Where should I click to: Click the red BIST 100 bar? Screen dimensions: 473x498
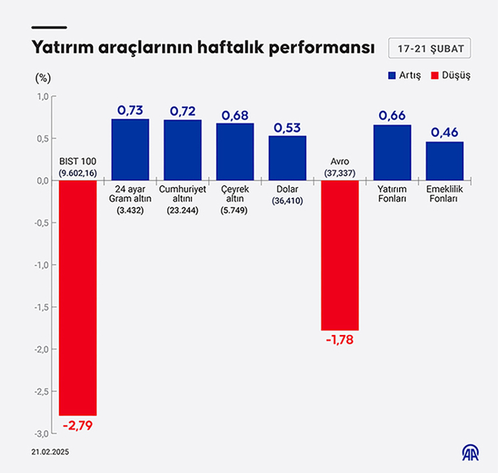(78, 297)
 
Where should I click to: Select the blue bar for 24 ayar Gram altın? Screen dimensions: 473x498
(130, 149)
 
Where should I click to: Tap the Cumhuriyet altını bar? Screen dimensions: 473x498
(183, 149)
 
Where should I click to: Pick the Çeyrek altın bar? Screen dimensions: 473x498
(235, 152)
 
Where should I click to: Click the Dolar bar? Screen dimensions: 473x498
(287, 158)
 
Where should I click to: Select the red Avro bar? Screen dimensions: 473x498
(340, 255)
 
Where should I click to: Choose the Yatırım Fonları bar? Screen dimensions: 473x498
(392, 152)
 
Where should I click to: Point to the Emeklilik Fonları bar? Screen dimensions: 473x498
(445, 161)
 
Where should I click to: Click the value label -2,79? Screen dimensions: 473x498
(78, 426)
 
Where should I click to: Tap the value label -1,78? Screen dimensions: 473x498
(339, 340)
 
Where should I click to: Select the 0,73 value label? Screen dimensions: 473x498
(130, 110)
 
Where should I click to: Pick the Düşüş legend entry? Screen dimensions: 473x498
(450, 75)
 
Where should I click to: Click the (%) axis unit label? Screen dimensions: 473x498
(43, 76)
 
